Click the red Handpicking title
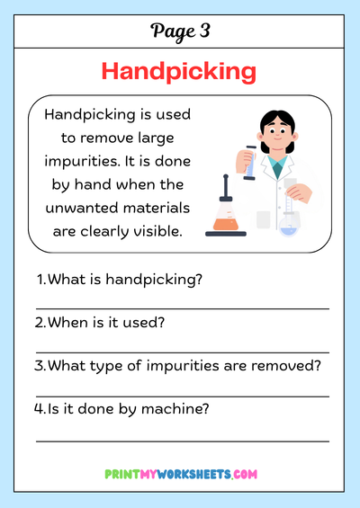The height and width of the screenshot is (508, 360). pyautogui.click(x=179, y=72)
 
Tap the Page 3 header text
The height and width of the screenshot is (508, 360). pyautogui.click(x=180, y=31)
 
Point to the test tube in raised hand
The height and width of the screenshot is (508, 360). pyautogui.click(x=249, y=163)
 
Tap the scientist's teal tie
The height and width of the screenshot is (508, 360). pyautogui.click(x=277, y=168)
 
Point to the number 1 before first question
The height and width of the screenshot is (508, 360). pyautogui.click(x=40, y=280)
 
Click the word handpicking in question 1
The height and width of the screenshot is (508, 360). pyautogui.click(x=154, y=280)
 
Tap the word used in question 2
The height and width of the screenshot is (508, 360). pyautogui.click(x=147, y=323)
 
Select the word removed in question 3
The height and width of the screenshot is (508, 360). pyautogui.click(x=286, y=366)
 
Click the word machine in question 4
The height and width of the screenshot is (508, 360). pyautogui.click(x=175, y=409)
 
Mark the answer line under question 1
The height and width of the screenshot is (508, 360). pyautogui.click(x=183, y=308)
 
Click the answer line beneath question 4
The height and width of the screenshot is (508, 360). pyautogui.click(x=183, y=441)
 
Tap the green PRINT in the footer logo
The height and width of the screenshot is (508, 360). pyautogui.click(x=122, y=475)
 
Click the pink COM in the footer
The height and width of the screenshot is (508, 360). pyautogui.click(x=245, y=475)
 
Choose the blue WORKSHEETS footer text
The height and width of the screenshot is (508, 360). pyautogui.click(x=193, y=475)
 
